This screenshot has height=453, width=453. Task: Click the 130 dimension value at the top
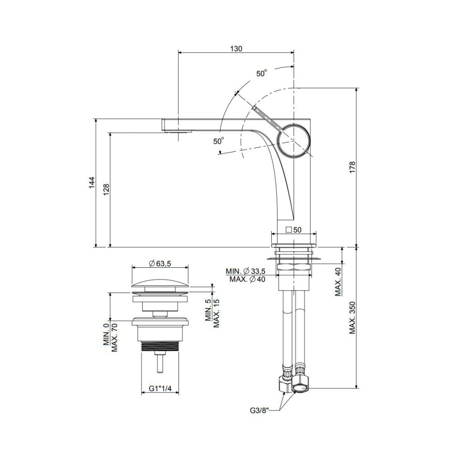(236, 48)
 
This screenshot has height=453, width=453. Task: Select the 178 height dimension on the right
(352, 167)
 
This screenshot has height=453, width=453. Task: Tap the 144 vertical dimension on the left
(92, 183)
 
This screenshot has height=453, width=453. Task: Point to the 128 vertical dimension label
(106, 189)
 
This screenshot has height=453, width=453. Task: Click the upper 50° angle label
(261, 73)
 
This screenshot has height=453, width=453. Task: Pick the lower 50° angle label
(219, 141)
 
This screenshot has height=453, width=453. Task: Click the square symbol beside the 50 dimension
(288, 230)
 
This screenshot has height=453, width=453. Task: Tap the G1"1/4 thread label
(160, 389)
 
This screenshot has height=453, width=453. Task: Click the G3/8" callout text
(260, 410)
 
